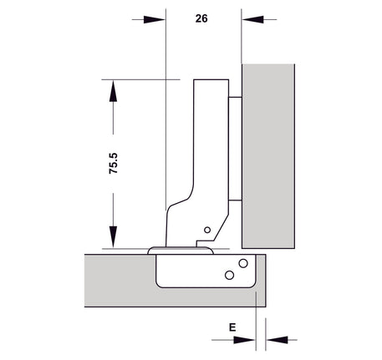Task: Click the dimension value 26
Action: coord(201,18)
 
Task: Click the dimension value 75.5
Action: coord(114,164)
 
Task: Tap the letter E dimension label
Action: coord(232,327)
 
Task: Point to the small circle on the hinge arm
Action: coord(207,230)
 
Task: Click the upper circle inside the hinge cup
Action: coord(243,263)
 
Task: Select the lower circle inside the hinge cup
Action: coord(229,276)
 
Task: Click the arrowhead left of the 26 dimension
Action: coord(155,20)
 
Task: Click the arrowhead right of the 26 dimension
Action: coord(252,20)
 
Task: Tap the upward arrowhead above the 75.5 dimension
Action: coord(113,91)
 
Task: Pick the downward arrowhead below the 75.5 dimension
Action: coord(113,237)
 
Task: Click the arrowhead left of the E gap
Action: coord(244,340)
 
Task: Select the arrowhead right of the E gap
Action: coord(277,340)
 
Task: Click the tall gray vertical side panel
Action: coord(268,156)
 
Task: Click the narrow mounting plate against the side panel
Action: coord(235,149)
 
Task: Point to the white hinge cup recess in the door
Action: coord(206,271)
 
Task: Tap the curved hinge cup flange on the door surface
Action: coord(181,251)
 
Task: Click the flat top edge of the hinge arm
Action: coord(211,80)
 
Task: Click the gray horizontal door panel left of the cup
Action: coord(120,281)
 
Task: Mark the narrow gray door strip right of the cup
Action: coord(261,280)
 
